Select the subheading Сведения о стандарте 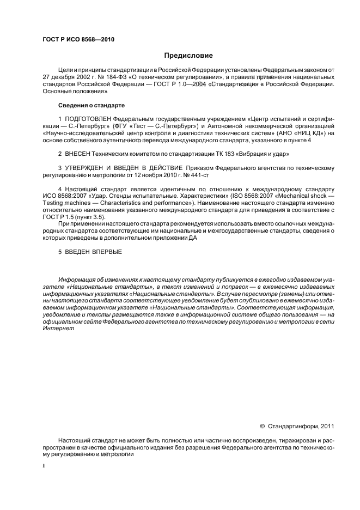91,105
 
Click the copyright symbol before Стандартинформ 262,426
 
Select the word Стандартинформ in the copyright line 293,426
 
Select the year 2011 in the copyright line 328,426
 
